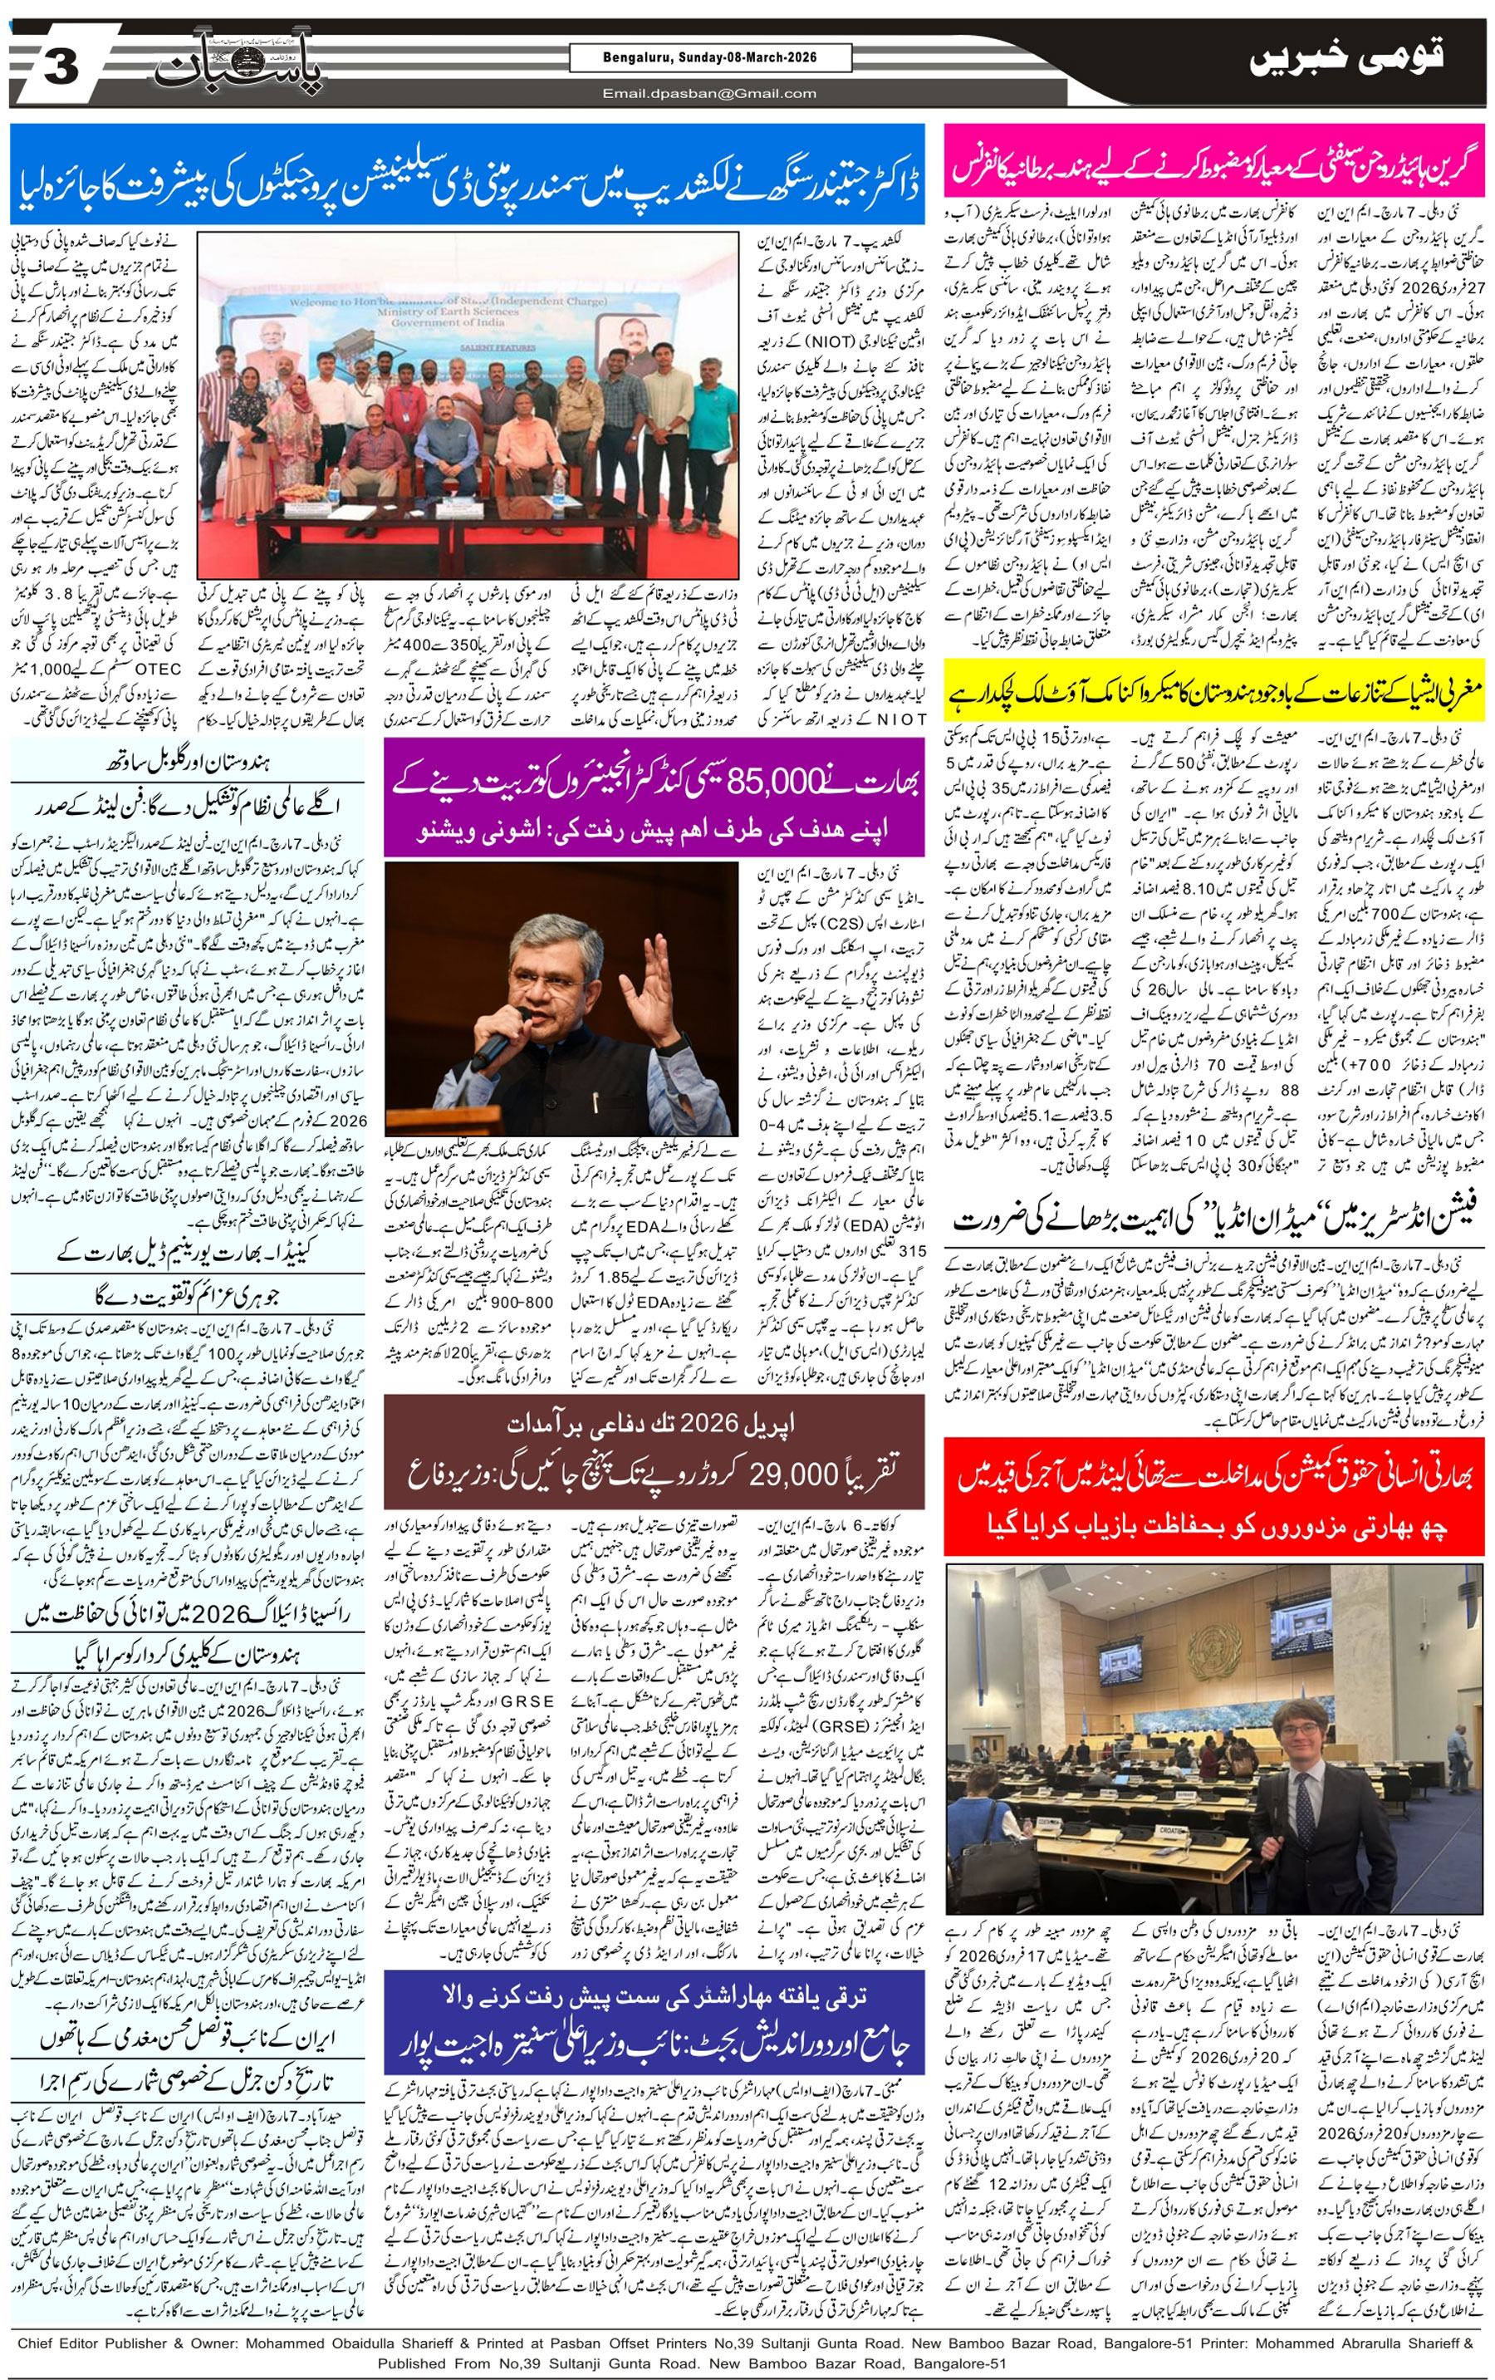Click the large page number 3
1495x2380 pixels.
61,67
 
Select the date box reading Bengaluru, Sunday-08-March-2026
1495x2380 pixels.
709,58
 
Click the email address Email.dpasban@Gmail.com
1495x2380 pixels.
709,94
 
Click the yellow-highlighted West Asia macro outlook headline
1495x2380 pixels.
1214,689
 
